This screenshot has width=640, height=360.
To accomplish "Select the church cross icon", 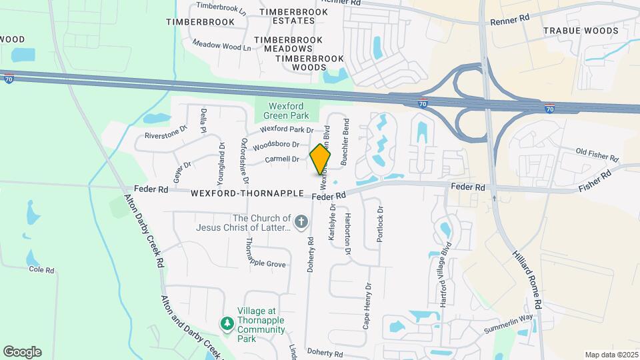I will (301, 221).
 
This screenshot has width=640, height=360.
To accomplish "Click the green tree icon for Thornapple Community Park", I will (227, 323).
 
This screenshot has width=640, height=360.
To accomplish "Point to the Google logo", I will (22, 351).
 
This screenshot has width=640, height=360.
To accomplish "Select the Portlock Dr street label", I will (380, 224).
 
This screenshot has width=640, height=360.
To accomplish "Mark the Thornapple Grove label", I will (267, 264).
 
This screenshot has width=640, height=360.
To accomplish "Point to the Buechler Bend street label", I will (345, 142).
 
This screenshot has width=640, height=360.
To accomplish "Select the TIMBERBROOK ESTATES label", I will (293, 17).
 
